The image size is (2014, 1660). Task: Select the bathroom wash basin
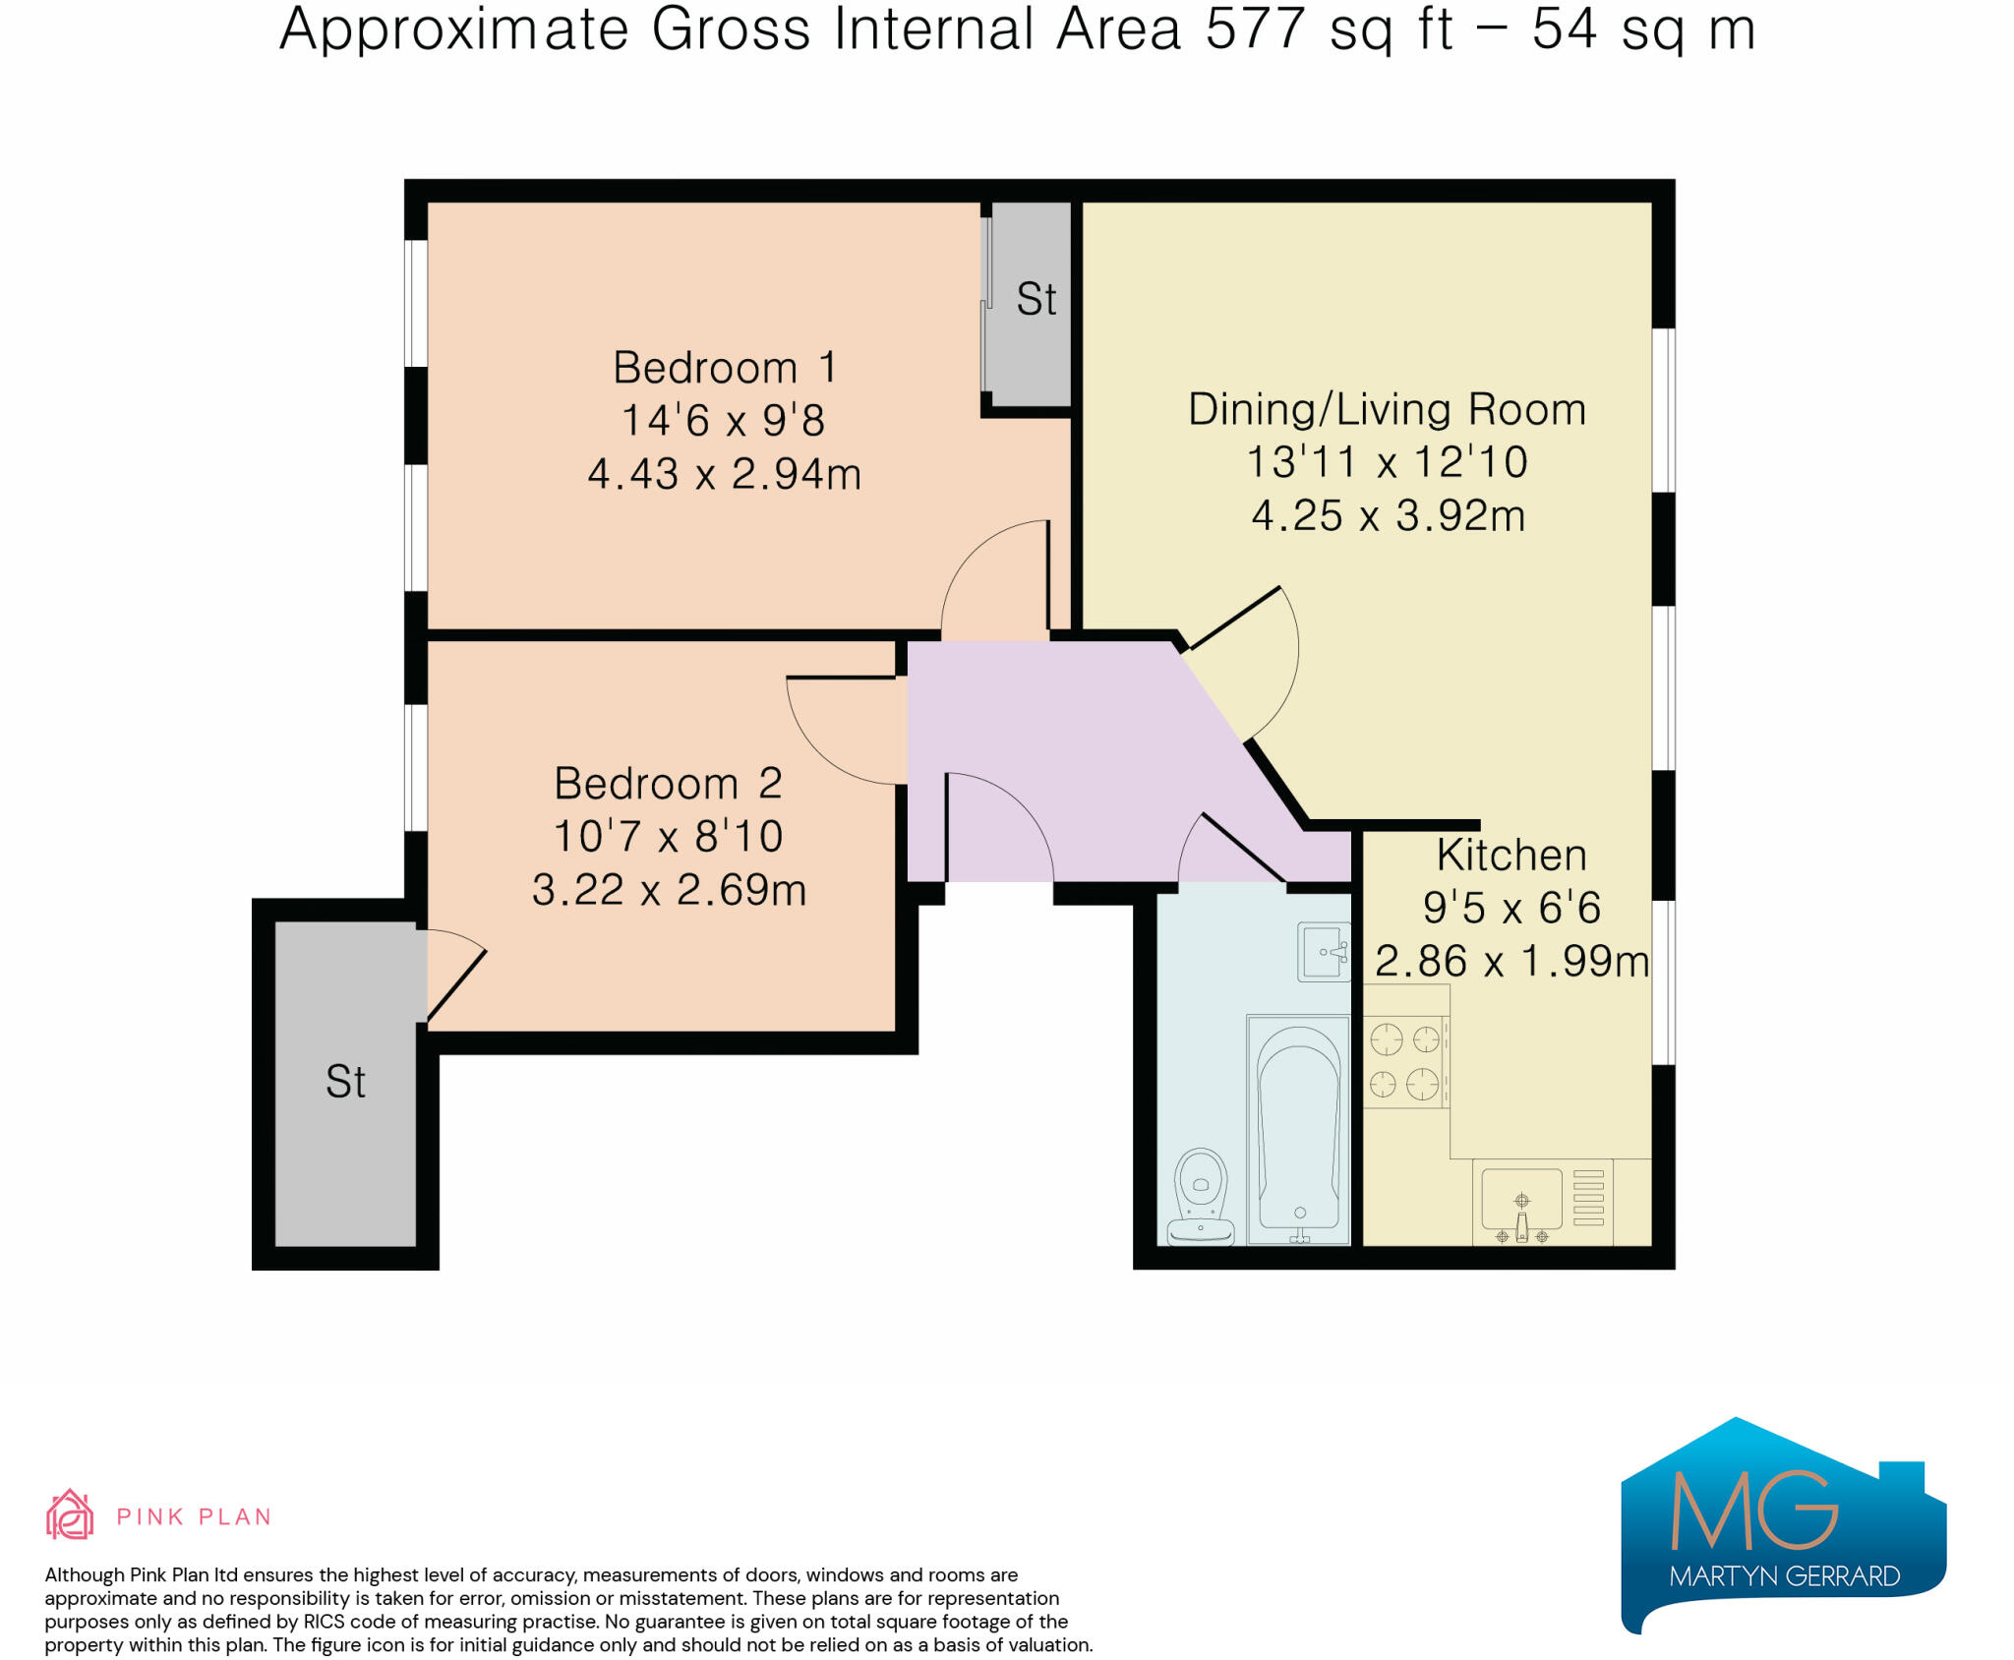[1324, 951]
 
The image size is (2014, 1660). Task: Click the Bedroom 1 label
[725, 368]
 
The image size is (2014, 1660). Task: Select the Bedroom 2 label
[668, 784]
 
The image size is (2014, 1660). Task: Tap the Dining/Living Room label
[1387, 409]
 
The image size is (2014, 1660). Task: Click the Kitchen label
[1511, 855]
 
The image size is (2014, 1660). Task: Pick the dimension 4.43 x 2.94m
[725, 474]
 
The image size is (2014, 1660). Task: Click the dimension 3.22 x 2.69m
[669, 890]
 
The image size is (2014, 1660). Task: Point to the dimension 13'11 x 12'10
[1387, 462]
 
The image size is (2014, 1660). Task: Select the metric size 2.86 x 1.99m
[1511, 961]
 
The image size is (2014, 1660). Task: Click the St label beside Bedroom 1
[1037, 299]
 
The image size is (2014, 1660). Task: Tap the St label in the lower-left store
[345, 1082]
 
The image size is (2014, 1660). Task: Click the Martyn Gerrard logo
[1783, 1525]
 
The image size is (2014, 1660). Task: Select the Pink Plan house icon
[70, 1513]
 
